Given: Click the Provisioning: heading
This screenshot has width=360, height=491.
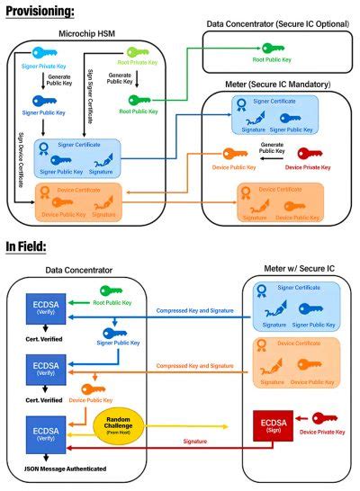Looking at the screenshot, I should click(39, 11).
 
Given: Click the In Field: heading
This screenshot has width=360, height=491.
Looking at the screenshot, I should click(28, 245).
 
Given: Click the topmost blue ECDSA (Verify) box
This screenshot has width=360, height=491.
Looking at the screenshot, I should click(43, 313).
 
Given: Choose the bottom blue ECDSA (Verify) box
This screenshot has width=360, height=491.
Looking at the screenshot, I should click(43, 429).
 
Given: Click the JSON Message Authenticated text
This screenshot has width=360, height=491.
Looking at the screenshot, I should click(57, 470).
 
